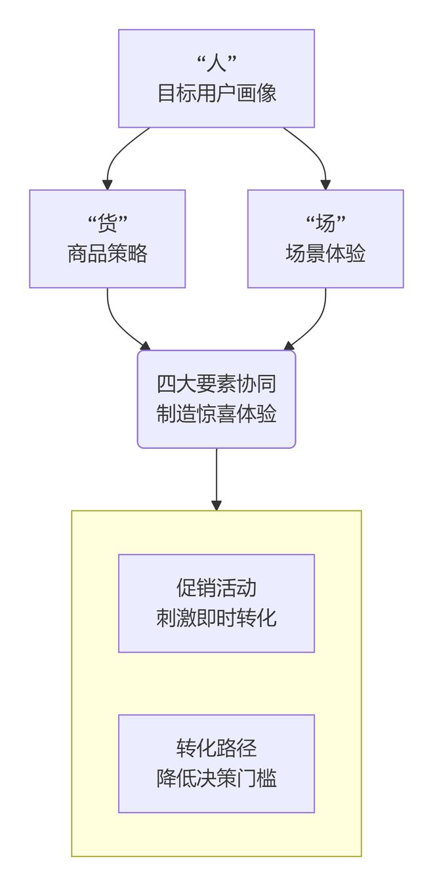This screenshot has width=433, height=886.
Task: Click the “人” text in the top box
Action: coord(216,64)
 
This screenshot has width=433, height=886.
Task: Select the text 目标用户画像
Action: coord(216,93)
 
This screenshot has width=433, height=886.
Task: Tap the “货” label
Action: coord(107,224)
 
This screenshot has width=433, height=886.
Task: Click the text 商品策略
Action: coord(107,254)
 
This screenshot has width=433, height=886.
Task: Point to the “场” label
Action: coord(325,224)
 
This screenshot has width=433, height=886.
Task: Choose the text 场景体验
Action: coord(325,254)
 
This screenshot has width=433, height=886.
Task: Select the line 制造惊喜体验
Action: coord(216,414)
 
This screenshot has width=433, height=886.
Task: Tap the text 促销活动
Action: coord(216,588)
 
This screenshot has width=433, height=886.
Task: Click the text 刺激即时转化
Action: coord(216,617)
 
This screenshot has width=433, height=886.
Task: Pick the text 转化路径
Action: coord(216,748)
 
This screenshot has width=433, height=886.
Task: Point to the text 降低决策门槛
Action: coord(216,778)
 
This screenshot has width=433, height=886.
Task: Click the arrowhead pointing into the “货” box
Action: coord(107,184)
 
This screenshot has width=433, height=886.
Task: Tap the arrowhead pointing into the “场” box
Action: coord(325,184)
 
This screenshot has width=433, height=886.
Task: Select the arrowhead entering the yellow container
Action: coord(216,505)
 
